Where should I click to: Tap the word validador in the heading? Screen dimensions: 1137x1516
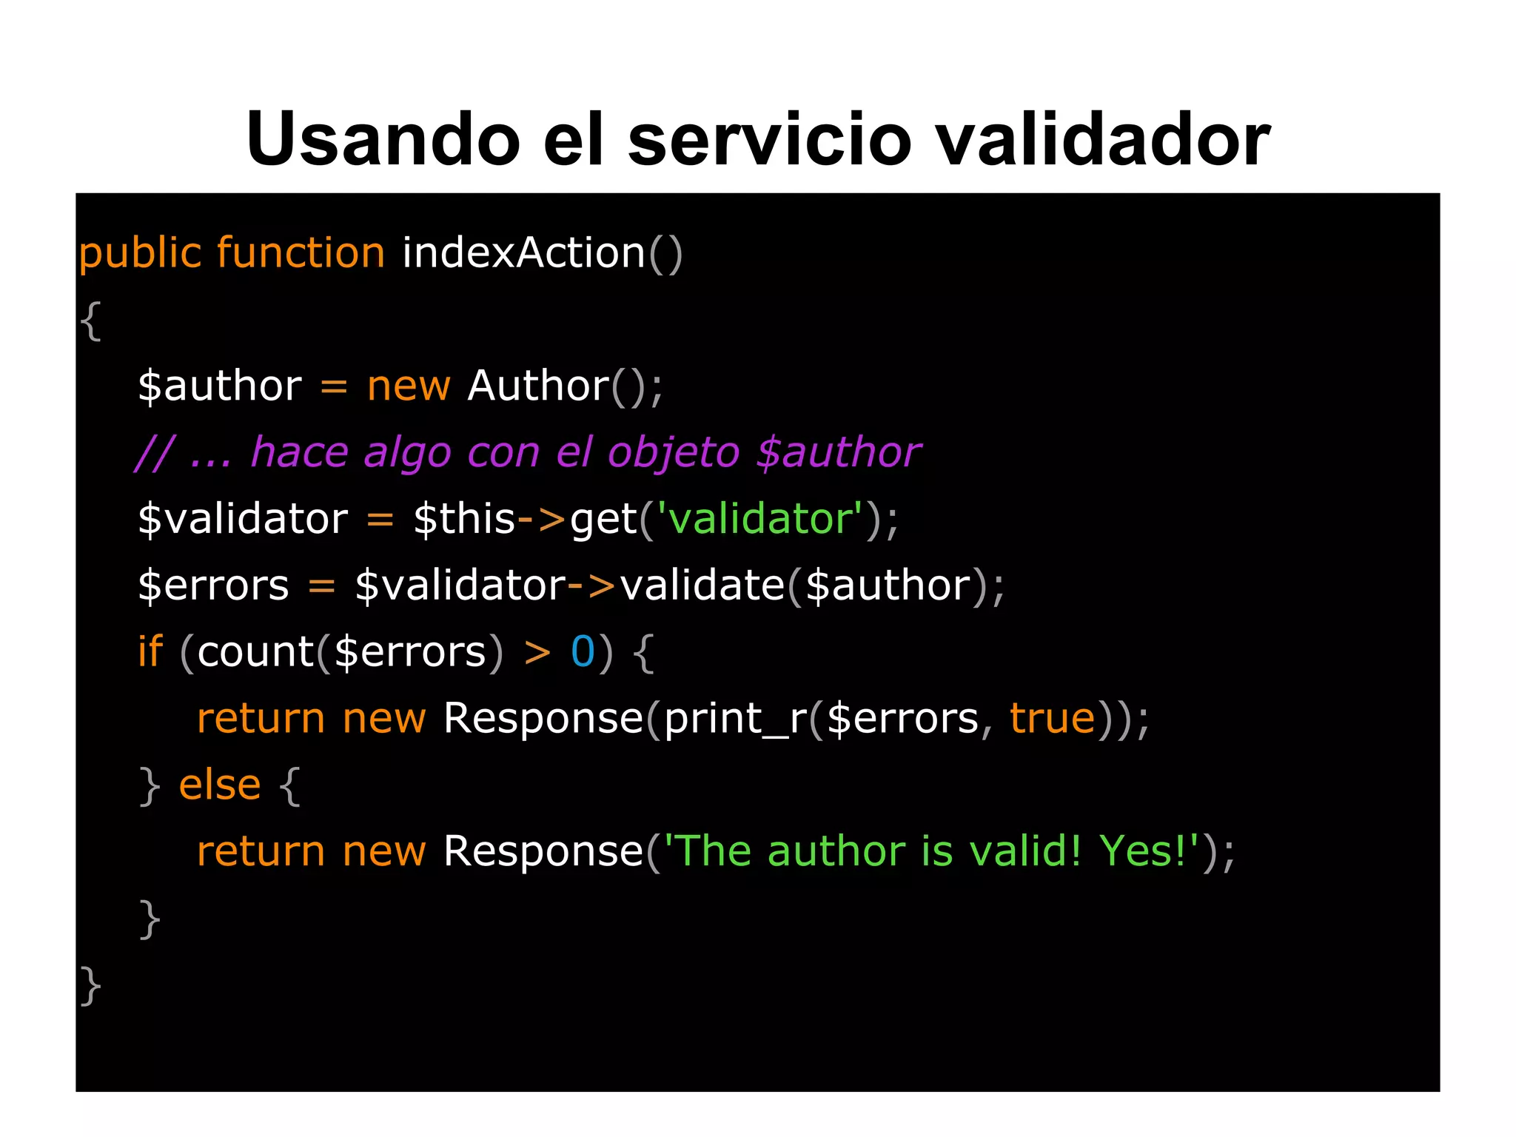[1103, 139]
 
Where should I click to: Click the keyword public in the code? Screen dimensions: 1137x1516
[140, 254]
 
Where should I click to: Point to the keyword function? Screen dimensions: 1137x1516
[301, 254]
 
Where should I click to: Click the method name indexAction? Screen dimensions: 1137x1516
[524, 254]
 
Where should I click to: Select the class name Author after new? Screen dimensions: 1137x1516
[538, 386]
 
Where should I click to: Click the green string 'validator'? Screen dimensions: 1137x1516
[761, 518]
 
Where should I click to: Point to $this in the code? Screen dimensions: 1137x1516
[464, 518]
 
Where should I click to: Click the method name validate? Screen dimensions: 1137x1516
[702, 585]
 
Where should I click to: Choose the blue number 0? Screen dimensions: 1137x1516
[583, 651]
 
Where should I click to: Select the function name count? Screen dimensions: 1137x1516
[255, 651]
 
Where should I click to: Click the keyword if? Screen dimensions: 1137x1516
[150, 651]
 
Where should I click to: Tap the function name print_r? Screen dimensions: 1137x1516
[736, 718]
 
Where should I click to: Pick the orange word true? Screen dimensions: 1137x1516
[1052, 718]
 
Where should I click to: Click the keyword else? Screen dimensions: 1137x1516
[220, 785]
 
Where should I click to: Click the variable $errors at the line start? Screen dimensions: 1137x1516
[213, 585]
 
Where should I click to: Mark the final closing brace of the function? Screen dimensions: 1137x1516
[90, 985]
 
